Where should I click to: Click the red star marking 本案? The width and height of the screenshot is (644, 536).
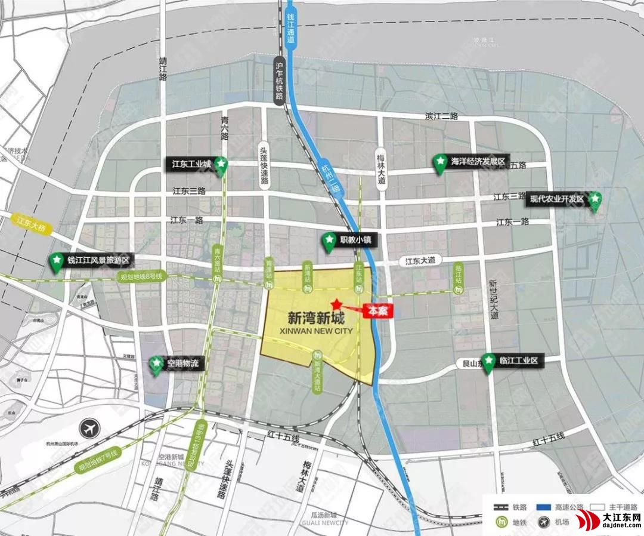(x=338, y=303)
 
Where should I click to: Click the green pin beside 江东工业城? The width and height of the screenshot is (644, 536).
(x=221, y=164)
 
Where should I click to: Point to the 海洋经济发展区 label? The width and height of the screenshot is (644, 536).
(x=478, y=161)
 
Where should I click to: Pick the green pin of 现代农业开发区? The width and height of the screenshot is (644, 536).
(x=595, y=200)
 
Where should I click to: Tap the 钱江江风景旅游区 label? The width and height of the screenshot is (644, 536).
(x=98, y=260)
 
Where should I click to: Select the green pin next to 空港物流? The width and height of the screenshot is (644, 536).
(x=156, y=364)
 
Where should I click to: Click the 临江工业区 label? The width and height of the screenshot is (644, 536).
(x=519, y=361)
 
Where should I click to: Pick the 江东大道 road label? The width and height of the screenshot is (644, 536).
(x=421, y=260)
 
